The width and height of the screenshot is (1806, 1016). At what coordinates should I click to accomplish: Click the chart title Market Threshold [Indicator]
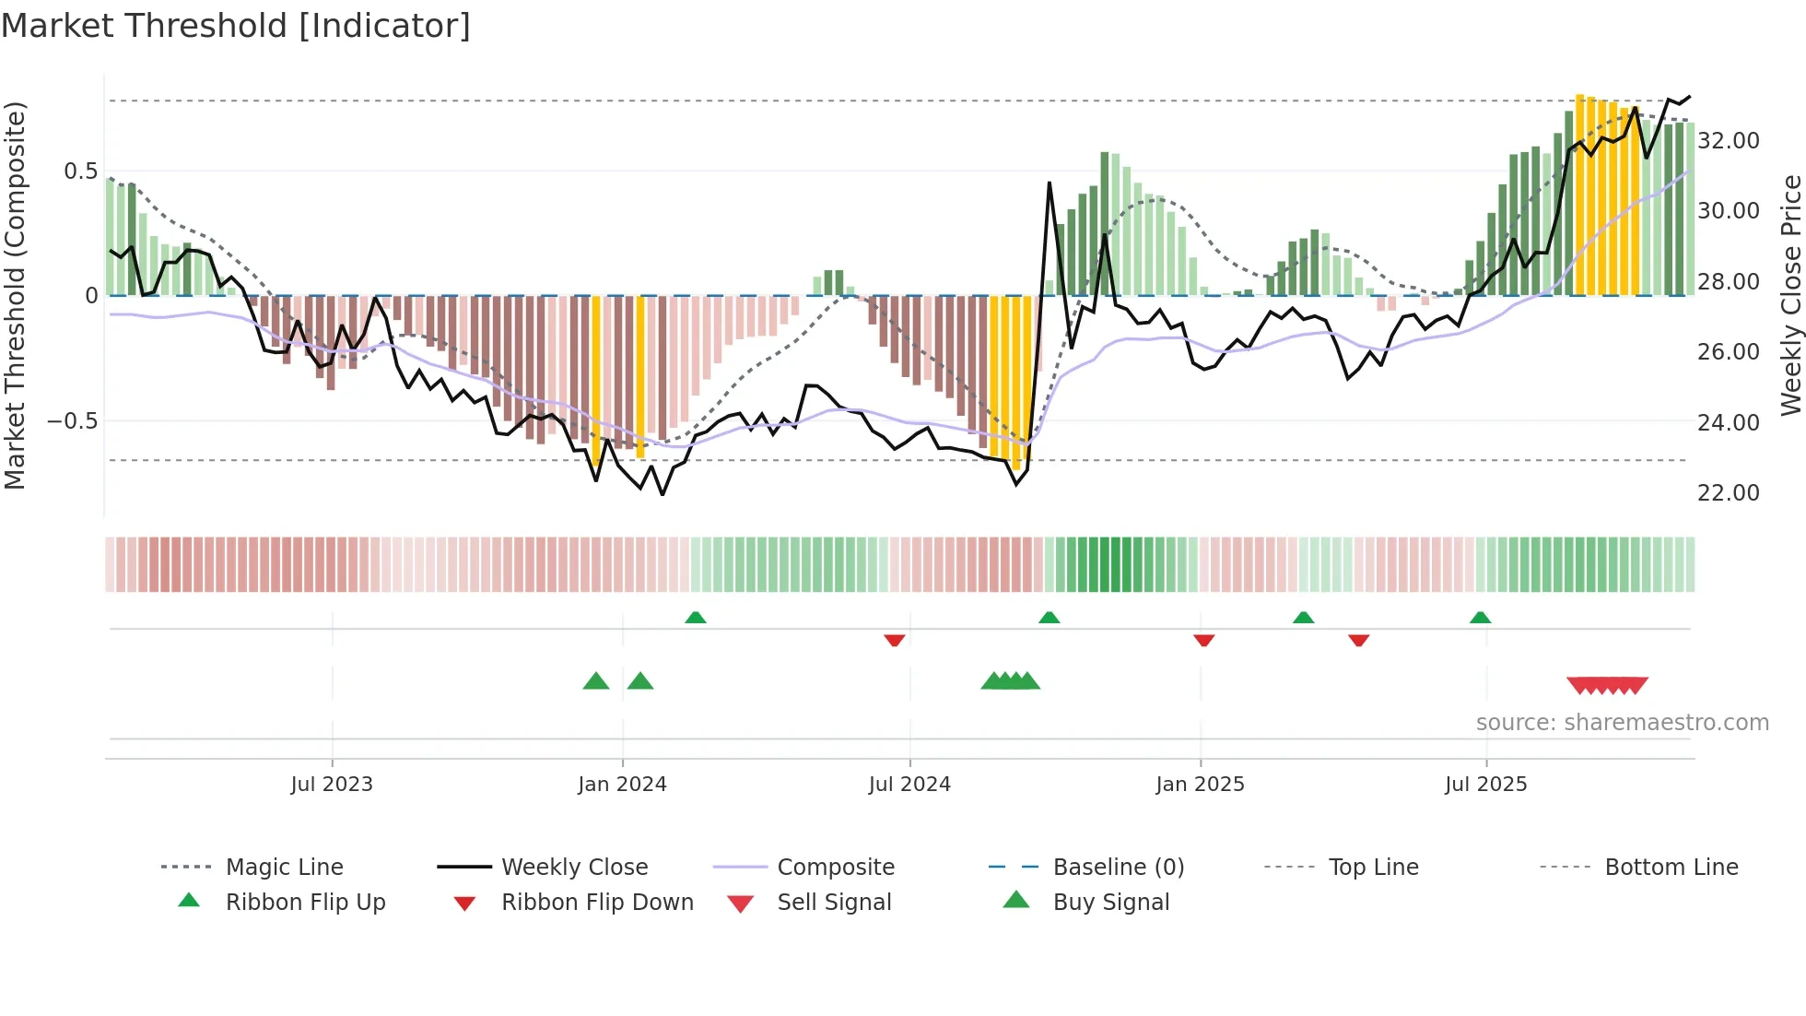(x=236, y=26)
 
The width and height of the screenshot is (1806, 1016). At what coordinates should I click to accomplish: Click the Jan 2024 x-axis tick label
(x=622, y=785)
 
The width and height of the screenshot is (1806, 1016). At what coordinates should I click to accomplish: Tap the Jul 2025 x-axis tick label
(x=1485, y=785)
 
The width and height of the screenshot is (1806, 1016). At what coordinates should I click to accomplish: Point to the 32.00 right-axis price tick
(x=1728, y=141)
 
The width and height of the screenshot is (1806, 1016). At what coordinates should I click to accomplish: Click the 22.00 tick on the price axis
(x=1728, y=493)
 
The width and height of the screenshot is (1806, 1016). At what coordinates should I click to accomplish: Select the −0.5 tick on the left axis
(x=73, y=421)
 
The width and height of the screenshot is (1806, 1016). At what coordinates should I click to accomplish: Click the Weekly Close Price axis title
(x=1790, y=295)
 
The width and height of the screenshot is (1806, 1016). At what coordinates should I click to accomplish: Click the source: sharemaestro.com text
(x=1622, y=723)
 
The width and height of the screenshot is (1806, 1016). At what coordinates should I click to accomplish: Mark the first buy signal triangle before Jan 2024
(x=596, y=682)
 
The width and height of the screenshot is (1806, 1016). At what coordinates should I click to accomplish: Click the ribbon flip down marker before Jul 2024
(x=894, y=640)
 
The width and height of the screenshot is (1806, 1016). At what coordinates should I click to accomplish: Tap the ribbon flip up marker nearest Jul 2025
(x=1480, y=618)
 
